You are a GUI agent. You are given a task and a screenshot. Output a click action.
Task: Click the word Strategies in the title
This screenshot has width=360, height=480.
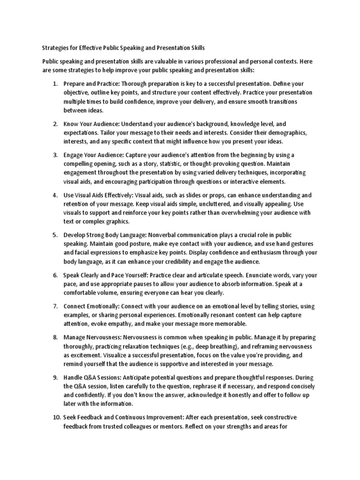tap(56, 48)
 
